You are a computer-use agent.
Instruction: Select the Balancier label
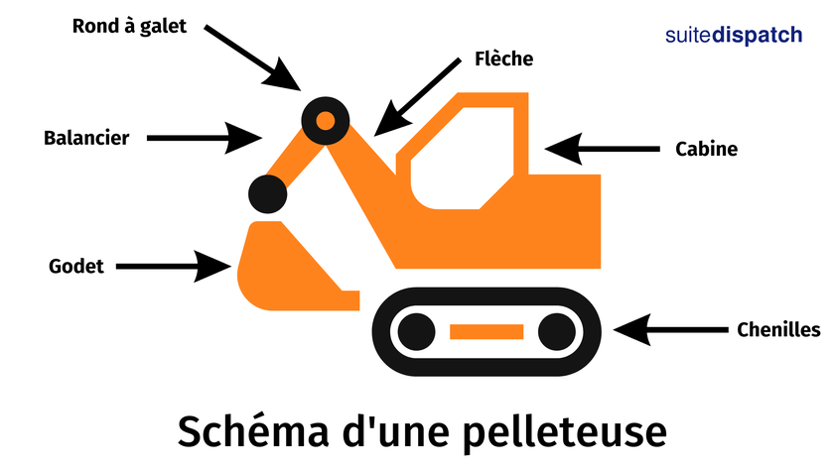(86, 138)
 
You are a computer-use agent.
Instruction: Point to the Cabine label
(706, 150)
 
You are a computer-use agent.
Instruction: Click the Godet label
(76, 266)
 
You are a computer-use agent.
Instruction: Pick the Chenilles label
(778, 329)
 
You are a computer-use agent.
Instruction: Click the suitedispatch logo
(733, 35)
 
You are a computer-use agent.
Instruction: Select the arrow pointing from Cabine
(602, 150)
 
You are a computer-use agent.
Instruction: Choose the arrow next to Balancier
(205, 137)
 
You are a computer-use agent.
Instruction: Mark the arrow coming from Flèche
(417, 96)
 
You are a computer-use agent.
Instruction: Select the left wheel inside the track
(417, 330)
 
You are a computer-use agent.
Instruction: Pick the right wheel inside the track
(556, 330)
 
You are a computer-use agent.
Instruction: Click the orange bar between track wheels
(486, 331)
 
